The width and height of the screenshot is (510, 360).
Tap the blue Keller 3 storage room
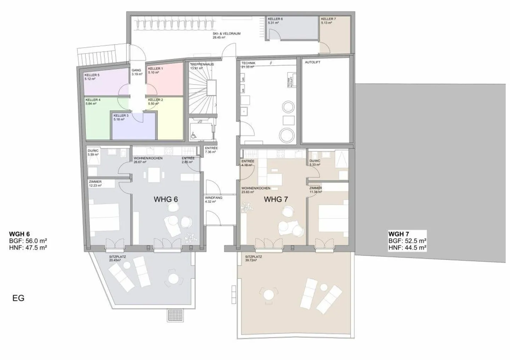point(134,127)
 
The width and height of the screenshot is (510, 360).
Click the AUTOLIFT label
point(313,62)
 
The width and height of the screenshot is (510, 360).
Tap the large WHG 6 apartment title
point(165,199)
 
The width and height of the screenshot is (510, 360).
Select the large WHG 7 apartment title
point(276,199)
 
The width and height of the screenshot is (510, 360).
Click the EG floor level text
point(18,298)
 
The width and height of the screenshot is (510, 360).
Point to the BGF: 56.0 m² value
point(28,241)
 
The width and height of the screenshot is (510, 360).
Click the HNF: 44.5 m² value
point(407,248)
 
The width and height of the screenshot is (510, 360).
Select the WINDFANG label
point(214,198)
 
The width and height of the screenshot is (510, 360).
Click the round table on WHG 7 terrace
point(269,295)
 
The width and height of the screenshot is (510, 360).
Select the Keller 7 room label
point(328,19)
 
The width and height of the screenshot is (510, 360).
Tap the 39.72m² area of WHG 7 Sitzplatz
point(253,260)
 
